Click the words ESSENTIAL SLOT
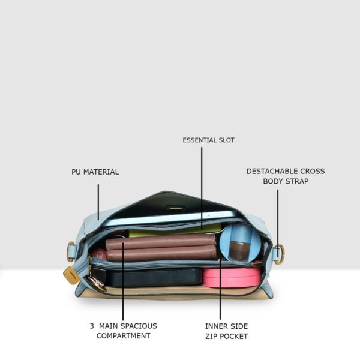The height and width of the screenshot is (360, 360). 208,140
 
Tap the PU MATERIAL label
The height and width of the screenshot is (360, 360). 95,172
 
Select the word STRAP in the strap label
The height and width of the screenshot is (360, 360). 297,181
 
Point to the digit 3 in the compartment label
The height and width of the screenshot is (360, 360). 92,326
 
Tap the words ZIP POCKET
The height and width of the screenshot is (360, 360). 226,337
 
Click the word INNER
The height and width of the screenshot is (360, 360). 215,326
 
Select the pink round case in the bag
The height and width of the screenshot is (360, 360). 232,277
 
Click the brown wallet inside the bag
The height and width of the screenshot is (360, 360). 161,247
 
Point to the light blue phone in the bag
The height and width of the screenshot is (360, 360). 170,218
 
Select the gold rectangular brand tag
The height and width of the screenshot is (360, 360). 72,275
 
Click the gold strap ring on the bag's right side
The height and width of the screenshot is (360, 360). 280,254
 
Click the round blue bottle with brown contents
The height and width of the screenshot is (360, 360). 240,243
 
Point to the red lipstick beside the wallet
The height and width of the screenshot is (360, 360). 99,256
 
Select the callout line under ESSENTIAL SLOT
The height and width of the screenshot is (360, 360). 202,188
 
